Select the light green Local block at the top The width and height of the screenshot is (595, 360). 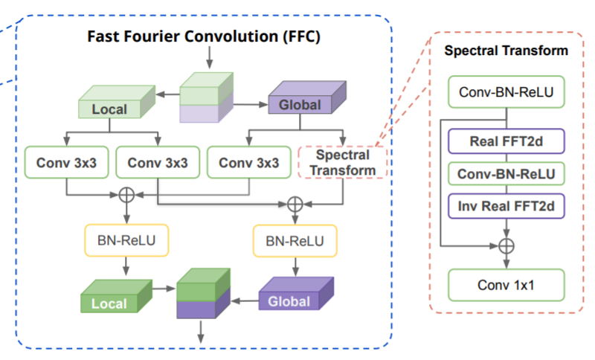pyautogui.click(x=117, y=102)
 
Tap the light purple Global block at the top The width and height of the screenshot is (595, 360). pyautogui.click(x=307, y=97)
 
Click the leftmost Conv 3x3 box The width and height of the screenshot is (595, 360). pyautogui.click(x=66, y=162)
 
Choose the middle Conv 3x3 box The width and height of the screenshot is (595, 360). pyautogui.click(x=158, y=162)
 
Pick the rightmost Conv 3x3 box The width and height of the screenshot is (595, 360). pyautogui.click(x=249, y=162)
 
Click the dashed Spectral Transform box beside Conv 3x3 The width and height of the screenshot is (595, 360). pyautogui.click(x=343, y=162)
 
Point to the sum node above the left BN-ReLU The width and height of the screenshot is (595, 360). pyautogui.click(x=126, y=195)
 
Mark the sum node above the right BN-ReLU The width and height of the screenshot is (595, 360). pyautogui.click(x=295, y=205)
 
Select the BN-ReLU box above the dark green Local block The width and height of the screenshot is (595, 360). pyautogui.click(x=126, y=240)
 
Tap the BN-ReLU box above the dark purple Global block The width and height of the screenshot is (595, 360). pyautogui.click(x=295, y=241)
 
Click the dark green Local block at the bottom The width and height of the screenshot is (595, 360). pyautogui.click(x=117, y=296)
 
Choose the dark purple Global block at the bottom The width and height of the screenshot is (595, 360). pyautogui.click(x=296, y=294)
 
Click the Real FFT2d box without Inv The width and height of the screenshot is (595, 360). pyautogui.click(x=506, y=141)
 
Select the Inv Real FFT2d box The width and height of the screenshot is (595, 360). pyautogui.click(x=506, y=206)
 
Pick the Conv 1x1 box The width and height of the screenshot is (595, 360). pyautogui.click(x=506, y=285)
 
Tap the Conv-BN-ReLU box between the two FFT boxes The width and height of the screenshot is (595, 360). pyautogui.click(x=506, y=174)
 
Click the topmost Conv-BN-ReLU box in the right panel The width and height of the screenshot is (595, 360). pyautogui.click(x=506, y=91)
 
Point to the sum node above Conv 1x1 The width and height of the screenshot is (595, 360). pyautogui.click(x=506, y=245)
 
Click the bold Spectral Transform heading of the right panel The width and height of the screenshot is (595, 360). pyautogui.click(x=506, y=51)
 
